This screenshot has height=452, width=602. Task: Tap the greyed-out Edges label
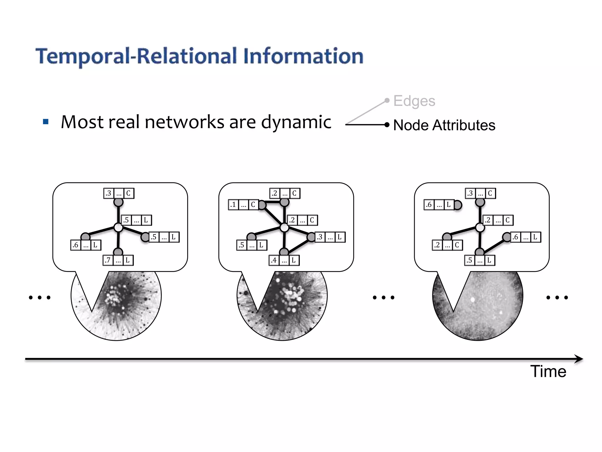[x=414, y=101]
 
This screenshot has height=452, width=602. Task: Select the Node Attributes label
[x=444, y=125]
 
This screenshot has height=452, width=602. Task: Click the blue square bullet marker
[x=46, y=122]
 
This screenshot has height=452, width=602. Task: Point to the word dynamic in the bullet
[x=296, y=122]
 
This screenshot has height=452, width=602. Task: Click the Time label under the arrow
[x=548, y=371]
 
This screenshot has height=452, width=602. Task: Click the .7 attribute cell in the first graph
[x=108, y=260]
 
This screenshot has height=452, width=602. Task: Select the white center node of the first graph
[x=118, y=227]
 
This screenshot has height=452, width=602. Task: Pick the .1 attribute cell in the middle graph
[x=233, y=205]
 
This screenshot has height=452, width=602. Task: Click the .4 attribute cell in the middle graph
[x=274, y=260]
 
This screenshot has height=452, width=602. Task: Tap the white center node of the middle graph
[x=284, y=227]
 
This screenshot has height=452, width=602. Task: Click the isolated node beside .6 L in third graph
[x=458, y=205]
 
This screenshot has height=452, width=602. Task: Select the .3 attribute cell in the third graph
[x=470, y=193]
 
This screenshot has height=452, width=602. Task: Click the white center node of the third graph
[x=480, y=227]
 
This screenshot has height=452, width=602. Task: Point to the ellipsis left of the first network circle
[x=40, y=298]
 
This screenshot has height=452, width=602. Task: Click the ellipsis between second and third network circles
[x=383, y=298]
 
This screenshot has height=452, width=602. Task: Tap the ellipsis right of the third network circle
[x=557, y=298]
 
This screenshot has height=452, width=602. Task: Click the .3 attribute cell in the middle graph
[x=320, y=237]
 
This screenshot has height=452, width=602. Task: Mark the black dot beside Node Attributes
[x=387, y=125]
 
